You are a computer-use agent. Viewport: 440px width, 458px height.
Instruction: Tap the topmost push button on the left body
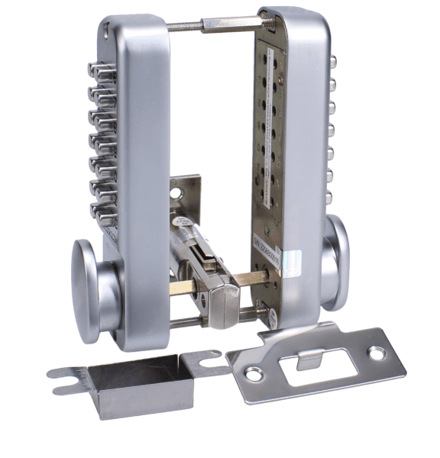pyautogui.click(x=101, y=73)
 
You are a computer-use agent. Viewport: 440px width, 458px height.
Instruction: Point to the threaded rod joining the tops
pyautogui.click(x=209, y=25)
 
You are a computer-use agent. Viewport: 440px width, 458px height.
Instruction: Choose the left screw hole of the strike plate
pyautogui.click(x=255, y=374)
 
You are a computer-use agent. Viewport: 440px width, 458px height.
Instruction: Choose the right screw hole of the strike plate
pyautogui.click(x=376, y=353)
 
